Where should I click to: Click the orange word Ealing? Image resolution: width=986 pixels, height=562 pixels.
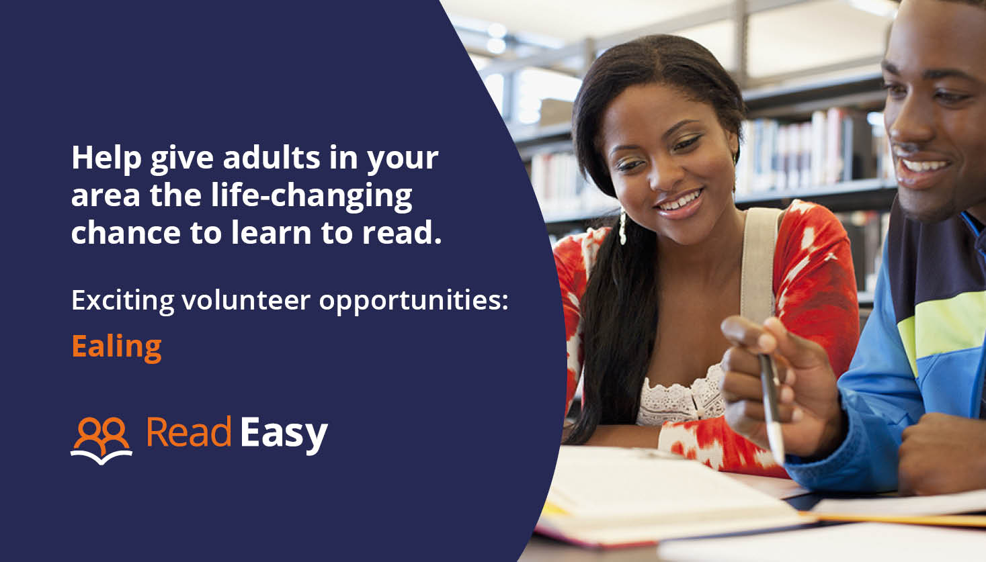click(x=116, y=347)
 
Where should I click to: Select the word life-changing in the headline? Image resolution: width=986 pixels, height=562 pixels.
click(x=312, y=196)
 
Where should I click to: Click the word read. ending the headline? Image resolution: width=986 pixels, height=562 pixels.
click(x=402, y=233)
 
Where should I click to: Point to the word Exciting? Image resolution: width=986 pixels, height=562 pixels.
click(x=122, y=300)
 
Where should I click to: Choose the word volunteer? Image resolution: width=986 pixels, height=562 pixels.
click(x=246, y=300)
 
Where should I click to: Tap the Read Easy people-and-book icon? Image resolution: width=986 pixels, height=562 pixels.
click(x=101, y=440)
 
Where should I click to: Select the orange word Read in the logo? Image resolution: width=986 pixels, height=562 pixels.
click(x=189, y=432)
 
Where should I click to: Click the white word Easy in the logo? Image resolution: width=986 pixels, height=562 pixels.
click(x=283, y=434)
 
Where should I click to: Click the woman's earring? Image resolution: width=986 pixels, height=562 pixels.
click(x=622, y=228)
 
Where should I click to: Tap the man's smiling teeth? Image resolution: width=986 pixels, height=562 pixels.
click(x=924, y=166)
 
